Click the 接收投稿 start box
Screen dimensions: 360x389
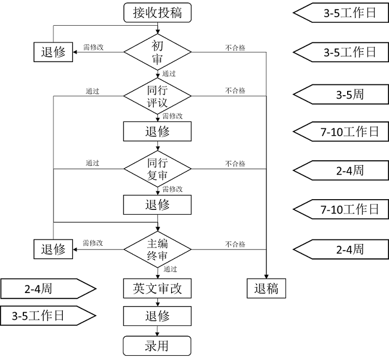pos(157,13)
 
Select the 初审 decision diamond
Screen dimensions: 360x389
pos(157,53)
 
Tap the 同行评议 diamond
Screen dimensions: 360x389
pos(157,96)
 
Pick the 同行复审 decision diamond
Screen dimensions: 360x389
pos(157,169)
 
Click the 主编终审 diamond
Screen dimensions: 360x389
pos(157,249)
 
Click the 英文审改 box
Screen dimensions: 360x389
pos(157,289)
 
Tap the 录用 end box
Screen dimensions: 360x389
pos(157,346)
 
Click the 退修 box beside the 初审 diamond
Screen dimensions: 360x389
pos(53,53)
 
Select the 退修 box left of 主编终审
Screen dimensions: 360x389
pos(53,249)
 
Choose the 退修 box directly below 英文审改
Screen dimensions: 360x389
pos(157,316)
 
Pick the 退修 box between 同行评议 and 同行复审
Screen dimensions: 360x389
pos(157,132)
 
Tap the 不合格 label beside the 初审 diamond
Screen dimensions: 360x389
pos(235,48)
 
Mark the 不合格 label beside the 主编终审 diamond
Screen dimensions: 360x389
pos(235,244)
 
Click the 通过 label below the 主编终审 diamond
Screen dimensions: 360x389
pos(170,270)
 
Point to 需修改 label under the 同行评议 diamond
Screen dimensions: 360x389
pos(172,116)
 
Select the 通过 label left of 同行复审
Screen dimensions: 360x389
pos(92,163)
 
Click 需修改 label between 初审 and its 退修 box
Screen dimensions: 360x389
pos(93,47)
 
